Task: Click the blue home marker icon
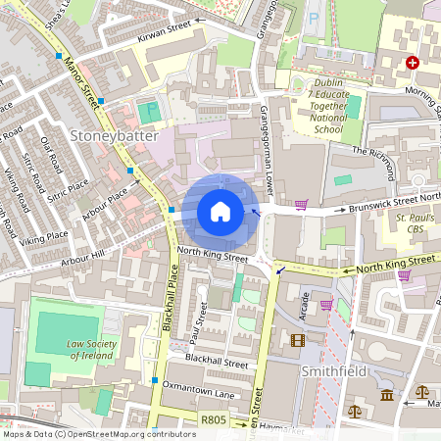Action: coord(220,212)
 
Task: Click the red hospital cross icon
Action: coord(413,63)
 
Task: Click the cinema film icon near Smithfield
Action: coord(298,341)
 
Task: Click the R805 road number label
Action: coord(213,419)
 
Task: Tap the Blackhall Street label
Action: coord(216,362)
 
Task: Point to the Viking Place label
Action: coord(44,236)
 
